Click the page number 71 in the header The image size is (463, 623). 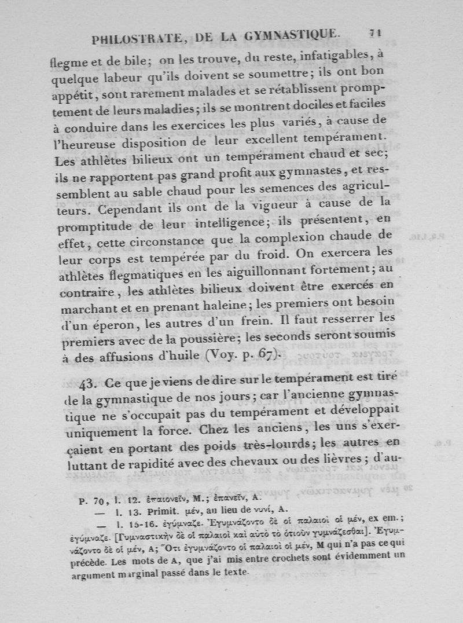(375, 33)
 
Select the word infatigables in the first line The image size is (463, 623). (326, 56)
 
